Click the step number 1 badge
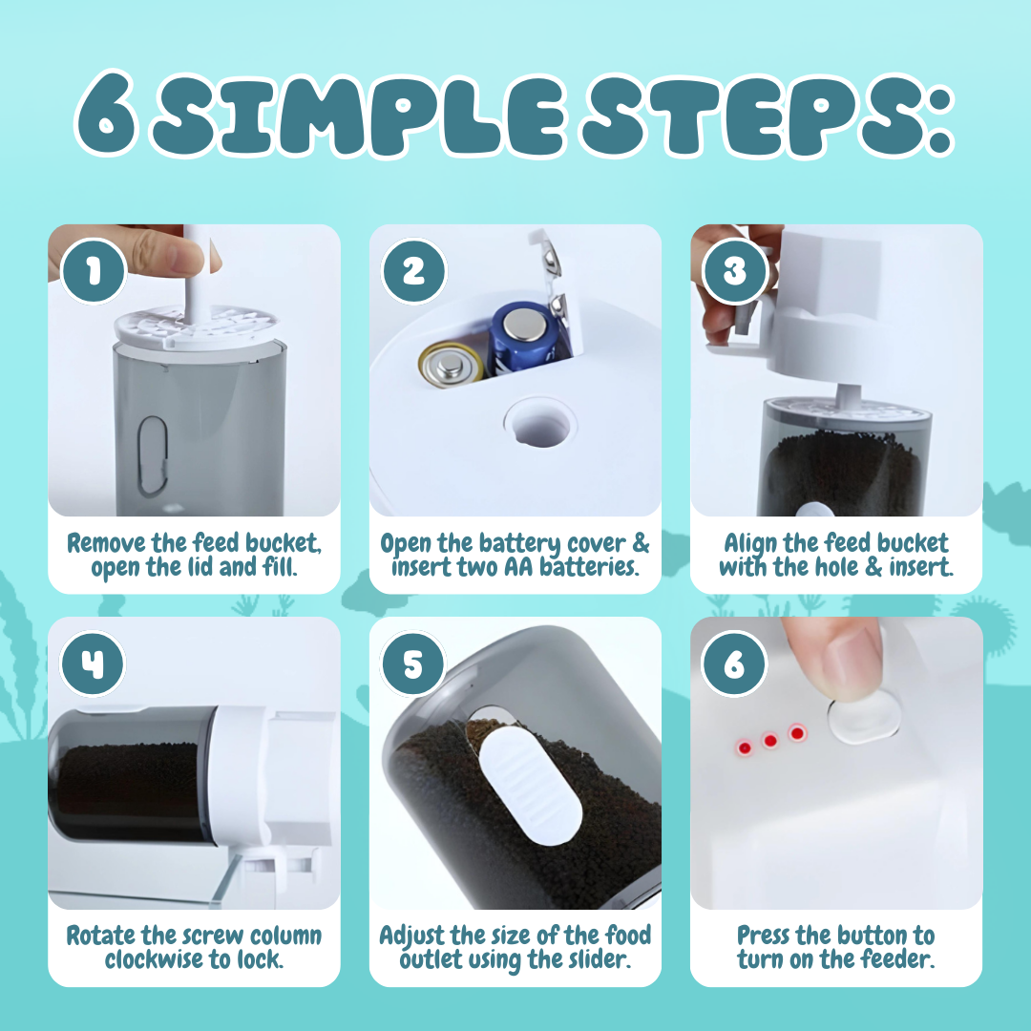[94, 270]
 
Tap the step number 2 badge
[413, 270]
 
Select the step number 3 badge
[734, 270]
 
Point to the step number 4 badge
[93, 663]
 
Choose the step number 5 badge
[413, 663]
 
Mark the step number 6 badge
[734, 663]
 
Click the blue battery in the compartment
[522, 339]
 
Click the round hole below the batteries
[540, 424]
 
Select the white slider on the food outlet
[530, 785]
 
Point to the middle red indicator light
[770, 741]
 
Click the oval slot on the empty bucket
[152, 455]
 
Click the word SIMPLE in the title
[359, 116]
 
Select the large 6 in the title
[106, 113]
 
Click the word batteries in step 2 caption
[588, 567]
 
